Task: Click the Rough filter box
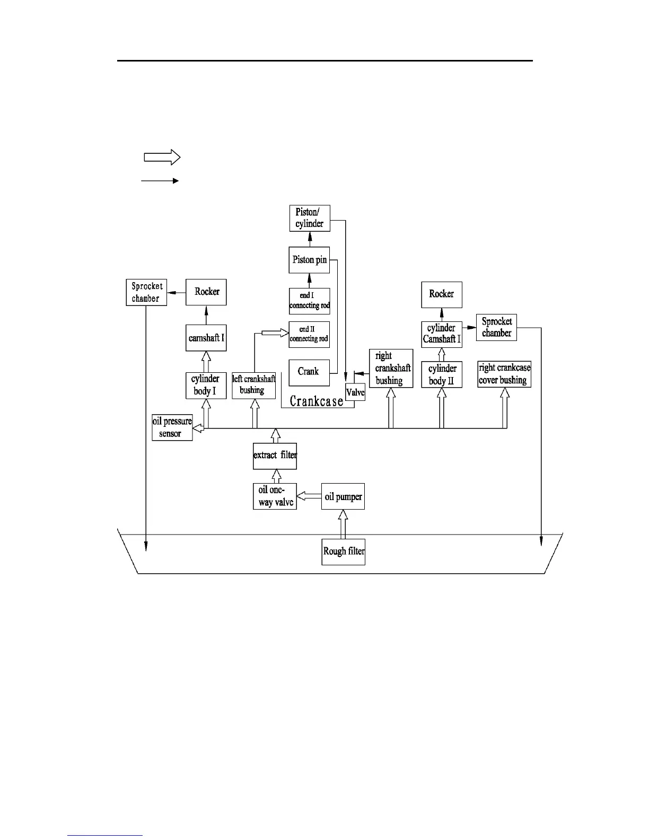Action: [343, 552]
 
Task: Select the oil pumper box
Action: [343, 497]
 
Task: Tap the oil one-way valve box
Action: [275, 496]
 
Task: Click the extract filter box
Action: [275, 456]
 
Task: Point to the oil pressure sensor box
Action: [172, 427]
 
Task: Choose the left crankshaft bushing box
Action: [254, 386]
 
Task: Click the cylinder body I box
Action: [206, 386]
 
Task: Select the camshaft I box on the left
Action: [206, 338]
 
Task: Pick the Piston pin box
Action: [310, 260]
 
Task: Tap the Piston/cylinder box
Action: [310, 218]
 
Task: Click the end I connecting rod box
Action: [310, 301]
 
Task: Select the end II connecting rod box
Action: [310, 334]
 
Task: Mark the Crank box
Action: [309, 372]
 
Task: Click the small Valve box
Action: [355, 392]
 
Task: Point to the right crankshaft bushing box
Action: [391, 368]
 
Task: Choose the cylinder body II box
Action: [442, 374]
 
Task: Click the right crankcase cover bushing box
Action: [504, 374]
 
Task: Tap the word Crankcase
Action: [317, 401]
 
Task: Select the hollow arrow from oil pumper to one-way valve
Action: [309, 497]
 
